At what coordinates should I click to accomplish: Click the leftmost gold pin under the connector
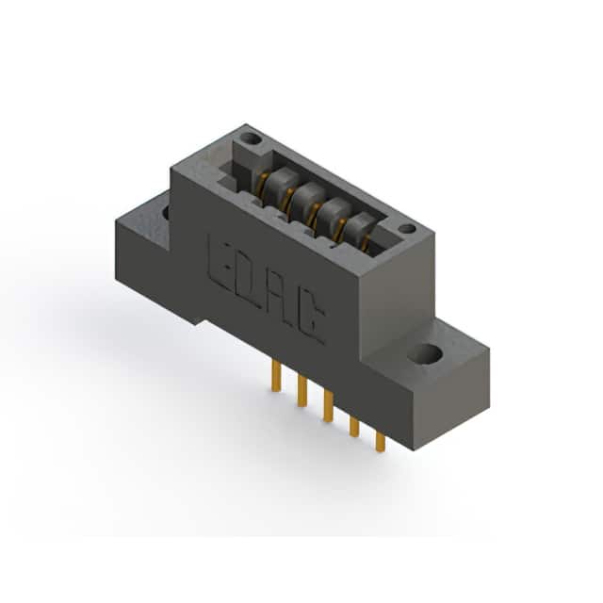pyautogui.click(x=276, y=376)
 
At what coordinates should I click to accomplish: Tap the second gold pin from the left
pyautogui.click(x=302, y=391)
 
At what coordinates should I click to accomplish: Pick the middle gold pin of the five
pyautogui.click(x=328, y=406)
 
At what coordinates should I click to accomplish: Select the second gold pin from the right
pyautogui.click(x=354, y=427)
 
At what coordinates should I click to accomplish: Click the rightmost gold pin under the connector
pyautogui.click(x=380, y=442)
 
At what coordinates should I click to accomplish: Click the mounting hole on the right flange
pyautogui.click(x=424, y=353)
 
